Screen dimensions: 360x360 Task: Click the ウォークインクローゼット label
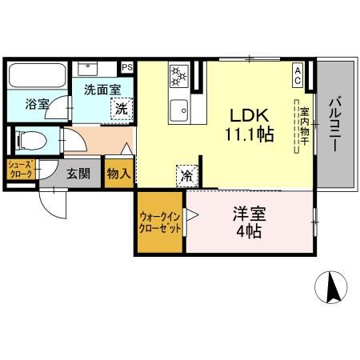(161, 222)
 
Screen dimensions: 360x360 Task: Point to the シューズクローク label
(19, 169)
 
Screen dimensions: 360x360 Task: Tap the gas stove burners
(178, 78)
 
